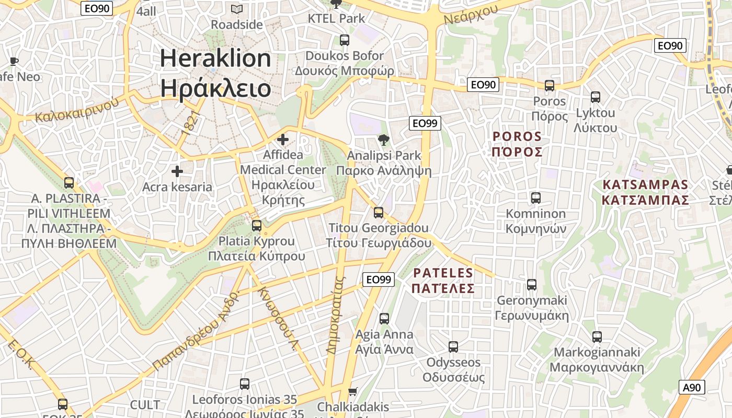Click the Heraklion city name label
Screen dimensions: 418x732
(x=215, y=73)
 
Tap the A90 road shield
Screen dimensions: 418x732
(x=692, y=387)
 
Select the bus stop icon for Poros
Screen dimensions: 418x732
(x=549, y=86)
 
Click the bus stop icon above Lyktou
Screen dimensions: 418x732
(x=595, y=97)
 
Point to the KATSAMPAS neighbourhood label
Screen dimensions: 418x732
(x=645, y=192)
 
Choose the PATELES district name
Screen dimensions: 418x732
(x=443, y=281)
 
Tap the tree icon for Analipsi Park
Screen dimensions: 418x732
(x=384, y=140)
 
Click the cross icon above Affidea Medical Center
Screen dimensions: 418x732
(x=283, y=140)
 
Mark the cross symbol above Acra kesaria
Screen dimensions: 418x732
(x=177, y=171)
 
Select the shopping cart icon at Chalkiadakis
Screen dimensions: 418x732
(x=353, y=391)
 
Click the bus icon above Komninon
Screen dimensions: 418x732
(x=535, y=198)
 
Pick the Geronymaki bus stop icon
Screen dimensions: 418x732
(x=532, y=285)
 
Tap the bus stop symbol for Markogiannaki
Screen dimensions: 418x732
(x=597, y=337)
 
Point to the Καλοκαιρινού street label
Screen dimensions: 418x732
(x=77, y=109)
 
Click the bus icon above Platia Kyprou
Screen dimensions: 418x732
(x=256, y=226)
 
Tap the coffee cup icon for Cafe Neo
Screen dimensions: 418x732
(x=14, y=61)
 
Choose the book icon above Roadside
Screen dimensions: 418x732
(x=237, y=9)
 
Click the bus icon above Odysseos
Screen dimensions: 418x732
(x=453, y=346)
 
